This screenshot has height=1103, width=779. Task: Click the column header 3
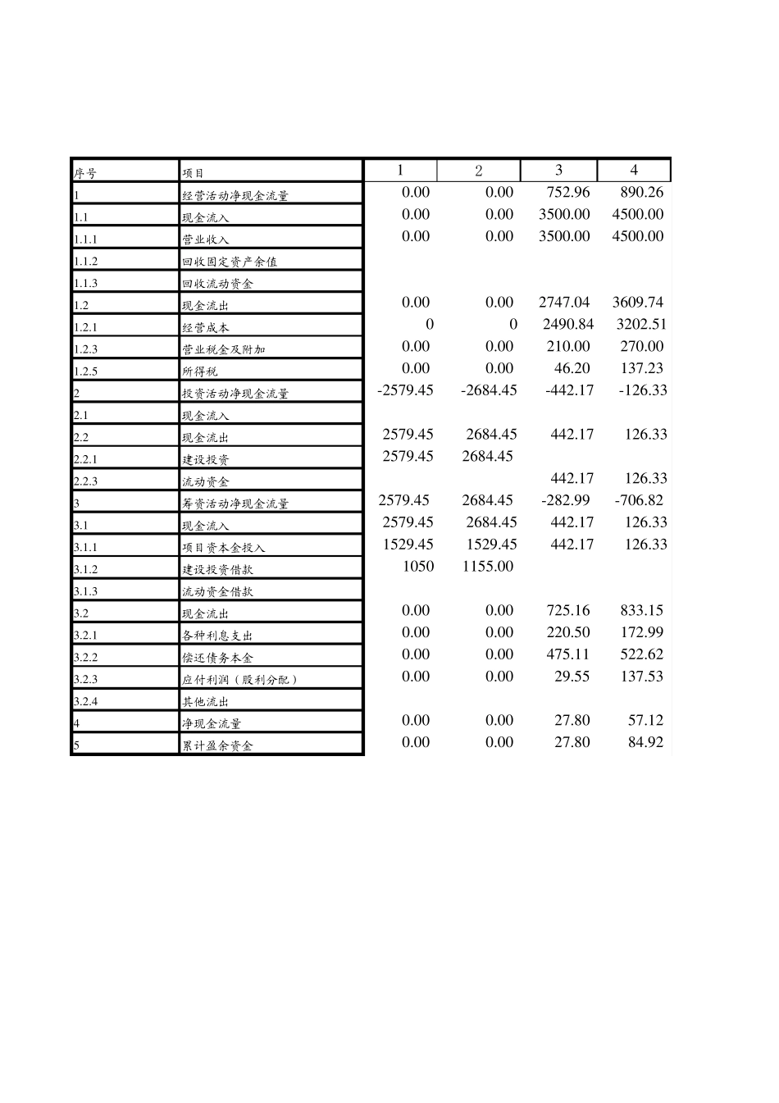click(x=558, y=170)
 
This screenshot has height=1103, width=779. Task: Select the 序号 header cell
click(x=85, y=173)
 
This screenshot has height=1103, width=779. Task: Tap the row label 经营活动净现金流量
click(x=235, y=195)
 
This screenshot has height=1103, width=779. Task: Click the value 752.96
click(x=567, y=192)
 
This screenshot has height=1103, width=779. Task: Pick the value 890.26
click(x=643, y=192)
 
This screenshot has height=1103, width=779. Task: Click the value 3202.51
click(x=641, y=324)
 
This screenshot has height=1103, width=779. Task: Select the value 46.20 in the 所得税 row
click(x=572, y=368)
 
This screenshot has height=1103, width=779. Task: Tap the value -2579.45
click(x=405, y=390)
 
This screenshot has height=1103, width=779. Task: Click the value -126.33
click(x=643, y=390)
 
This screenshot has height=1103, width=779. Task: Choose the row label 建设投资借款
click(x=217, y=569)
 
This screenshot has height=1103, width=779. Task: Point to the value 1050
click(x=418, y=566)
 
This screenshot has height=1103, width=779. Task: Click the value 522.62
click(x=643, y=654)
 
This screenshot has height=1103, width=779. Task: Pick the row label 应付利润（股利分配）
click(x=239, y=679)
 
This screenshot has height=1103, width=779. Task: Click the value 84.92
click(x=645, y=742)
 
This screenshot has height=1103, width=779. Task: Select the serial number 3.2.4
click(x=85, y=701)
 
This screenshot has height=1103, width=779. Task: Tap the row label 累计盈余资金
click(x=217, y=745)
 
